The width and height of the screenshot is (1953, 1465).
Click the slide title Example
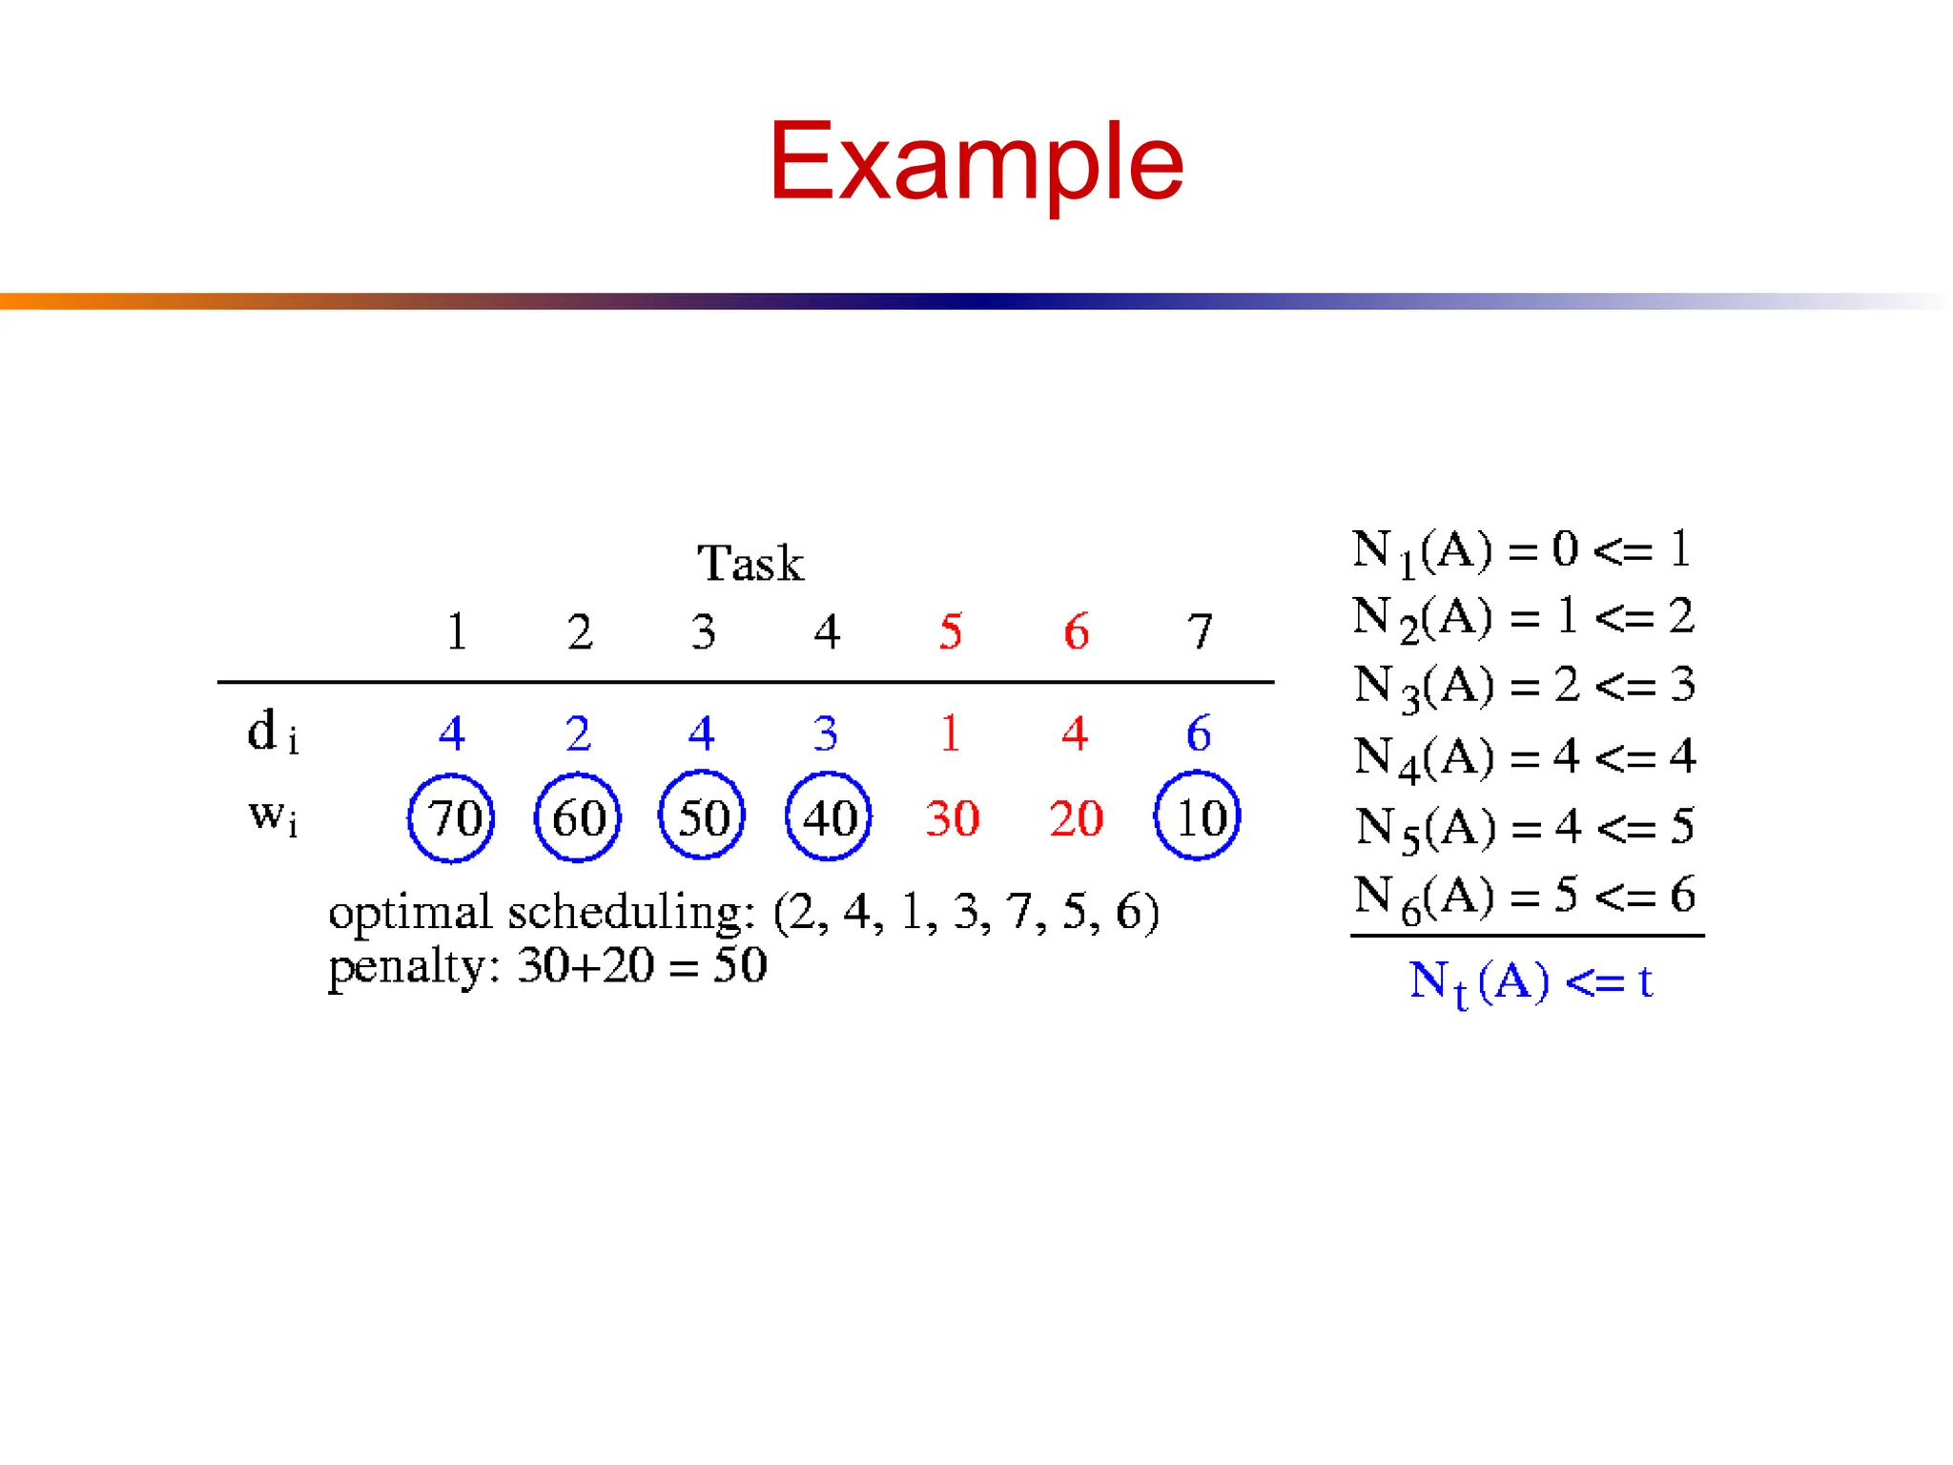[976, 162]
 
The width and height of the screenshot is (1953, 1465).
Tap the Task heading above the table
[750, 563]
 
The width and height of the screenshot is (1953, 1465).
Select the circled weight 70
[451, 818]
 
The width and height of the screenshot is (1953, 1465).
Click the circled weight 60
[578, 818]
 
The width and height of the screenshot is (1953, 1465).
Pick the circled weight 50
[702, 817]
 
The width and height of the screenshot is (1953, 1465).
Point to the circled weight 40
[828, 817]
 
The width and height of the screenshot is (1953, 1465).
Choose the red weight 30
[952, 818]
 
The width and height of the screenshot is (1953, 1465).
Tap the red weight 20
[1076, 818]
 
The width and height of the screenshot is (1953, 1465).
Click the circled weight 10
[1198, 817]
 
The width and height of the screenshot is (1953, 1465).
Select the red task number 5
[951, 631]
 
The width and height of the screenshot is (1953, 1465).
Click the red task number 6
[1076, 631]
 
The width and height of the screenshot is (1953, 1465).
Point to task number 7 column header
[1200, 631]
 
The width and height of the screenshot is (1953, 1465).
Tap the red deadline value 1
[950, 733]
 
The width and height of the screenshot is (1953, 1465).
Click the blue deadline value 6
[1199, 733]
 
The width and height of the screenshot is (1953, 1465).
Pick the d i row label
[273, 733]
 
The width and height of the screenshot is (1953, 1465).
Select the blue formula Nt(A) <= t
[1530, 982]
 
